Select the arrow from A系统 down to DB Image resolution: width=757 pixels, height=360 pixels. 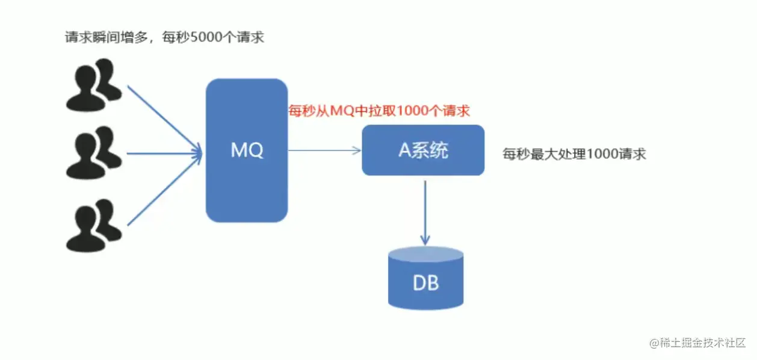pos(425,211)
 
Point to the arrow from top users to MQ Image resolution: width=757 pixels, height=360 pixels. pos(162,117)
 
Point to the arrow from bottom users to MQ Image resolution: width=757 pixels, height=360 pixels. pos(162,190)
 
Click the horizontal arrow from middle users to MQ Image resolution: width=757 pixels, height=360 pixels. pos(162,153)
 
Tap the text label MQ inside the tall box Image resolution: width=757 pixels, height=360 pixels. pos(247,150)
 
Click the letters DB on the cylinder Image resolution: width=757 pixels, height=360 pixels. pos(426,283)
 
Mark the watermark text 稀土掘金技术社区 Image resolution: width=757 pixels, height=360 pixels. pos(702,343)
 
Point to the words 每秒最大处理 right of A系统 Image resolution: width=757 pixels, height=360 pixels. pos(544,154)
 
